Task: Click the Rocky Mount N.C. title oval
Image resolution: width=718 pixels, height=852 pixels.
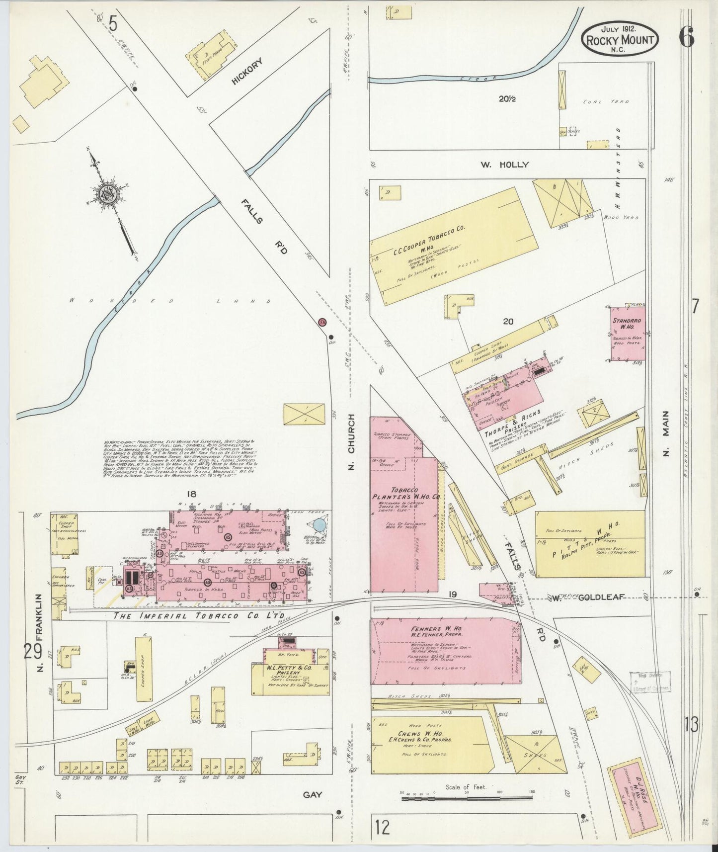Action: tap(620, 38)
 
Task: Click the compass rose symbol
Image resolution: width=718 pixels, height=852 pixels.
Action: tap(108, 193)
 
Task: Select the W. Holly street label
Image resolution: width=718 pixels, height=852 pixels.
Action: tap(504, 165)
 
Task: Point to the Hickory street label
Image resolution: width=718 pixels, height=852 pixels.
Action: tap(246, 71)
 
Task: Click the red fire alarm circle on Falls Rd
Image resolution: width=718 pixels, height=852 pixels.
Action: tap(322, 322)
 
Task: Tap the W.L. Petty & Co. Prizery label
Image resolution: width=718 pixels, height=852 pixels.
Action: tap(289, 671)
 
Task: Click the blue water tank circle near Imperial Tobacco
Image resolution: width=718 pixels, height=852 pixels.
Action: tap(319, 524)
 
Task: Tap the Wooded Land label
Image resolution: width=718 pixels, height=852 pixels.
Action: tap(169, 301)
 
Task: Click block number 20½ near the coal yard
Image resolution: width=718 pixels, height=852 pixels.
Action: tap(507, 99)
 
